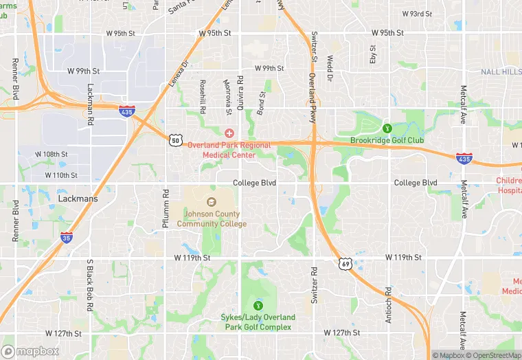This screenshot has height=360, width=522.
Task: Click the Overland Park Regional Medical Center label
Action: click(x=236, y=150)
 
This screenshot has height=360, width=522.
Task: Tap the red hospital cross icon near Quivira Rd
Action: click(x=229, y=132)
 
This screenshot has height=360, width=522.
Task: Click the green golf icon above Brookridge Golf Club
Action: click(x=386, y=127)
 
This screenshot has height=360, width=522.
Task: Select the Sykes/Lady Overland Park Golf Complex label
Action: click(x=258, y=322)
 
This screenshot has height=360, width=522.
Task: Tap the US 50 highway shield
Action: click(x=175, y=141)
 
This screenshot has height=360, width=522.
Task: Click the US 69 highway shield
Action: click(x=345, y=263)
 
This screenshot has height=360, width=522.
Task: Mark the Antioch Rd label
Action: click(x=389, y=300)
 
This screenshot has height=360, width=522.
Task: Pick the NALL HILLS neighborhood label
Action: click(x=501, y=71)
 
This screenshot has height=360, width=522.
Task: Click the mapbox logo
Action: click(x=30, y=351)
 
